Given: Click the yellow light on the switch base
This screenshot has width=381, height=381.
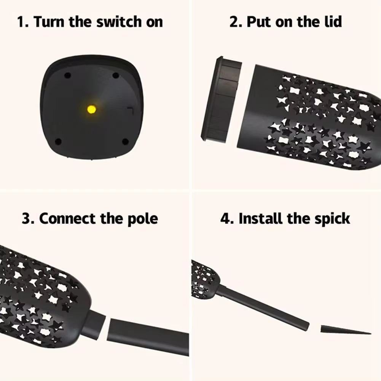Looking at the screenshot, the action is [92, 110].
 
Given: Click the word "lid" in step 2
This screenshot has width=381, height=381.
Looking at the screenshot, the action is [334, 21].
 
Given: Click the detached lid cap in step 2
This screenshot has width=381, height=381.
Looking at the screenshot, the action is [221, 99].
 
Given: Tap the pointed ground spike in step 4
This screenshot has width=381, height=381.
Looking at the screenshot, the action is [345, 330].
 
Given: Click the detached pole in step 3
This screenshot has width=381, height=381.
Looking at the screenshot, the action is [148, 336].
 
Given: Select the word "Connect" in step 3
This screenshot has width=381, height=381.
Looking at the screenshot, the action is [67, 218].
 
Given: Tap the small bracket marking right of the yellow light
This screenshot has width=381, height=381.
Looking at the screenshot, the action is [131, 110].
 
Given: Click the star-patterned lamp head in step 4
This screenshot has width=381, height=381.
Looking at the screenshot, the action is [205, 279].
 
